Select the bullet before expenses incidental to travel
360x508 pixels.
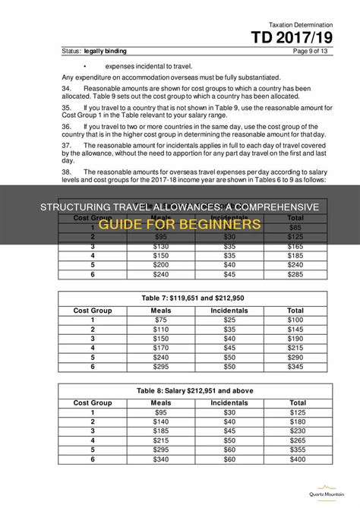(x=96, y=65)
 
